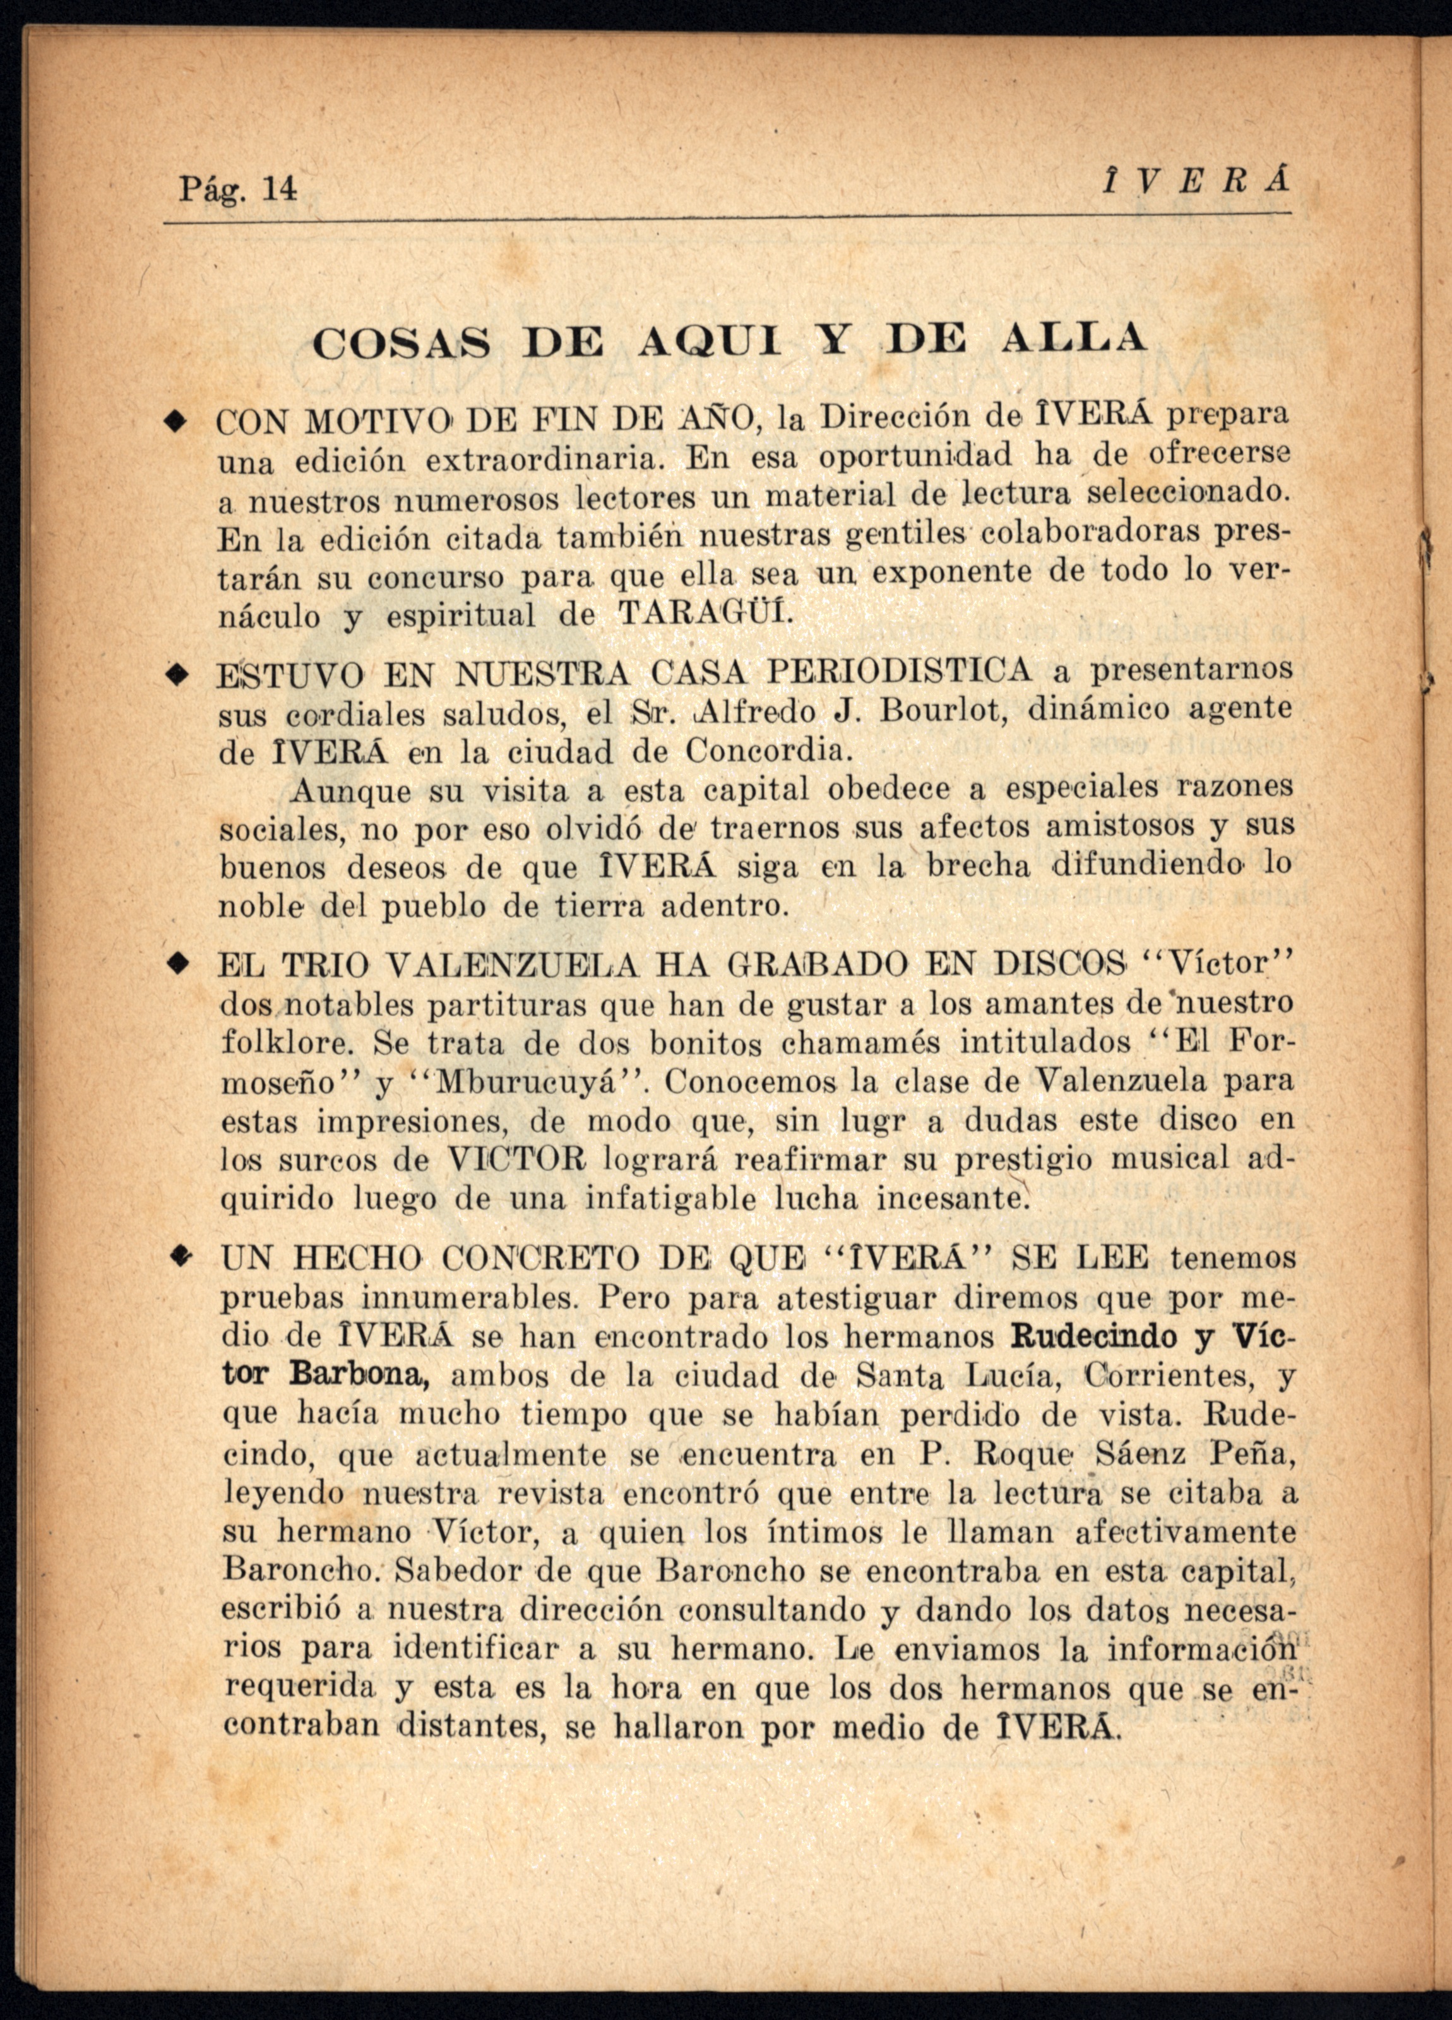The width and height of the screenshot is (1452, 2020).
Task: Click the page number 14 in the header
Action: point(279,189)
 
